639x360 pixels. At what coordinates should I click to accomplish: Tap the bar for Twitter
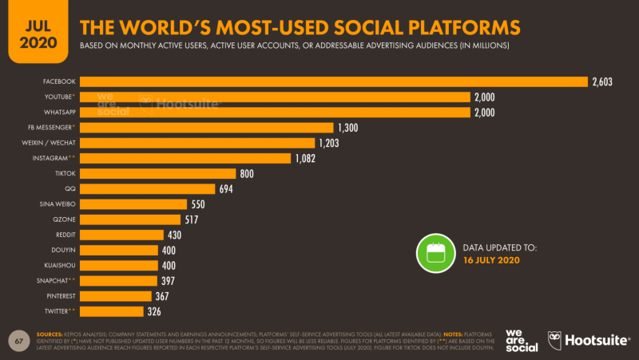112,311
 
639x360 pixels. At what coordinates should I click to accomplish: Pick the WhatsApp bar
276,112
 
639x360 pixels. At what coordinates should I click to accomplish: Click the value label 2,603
603,81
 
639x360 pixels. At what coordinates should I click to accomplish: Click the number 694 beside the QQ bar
228,188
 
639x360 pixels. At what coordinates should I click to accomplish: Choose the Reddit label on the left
64,234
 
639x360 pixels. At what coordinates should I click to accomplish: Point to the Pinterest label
60,295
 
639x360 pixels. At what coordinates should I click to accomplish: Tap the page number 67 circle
18,340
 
